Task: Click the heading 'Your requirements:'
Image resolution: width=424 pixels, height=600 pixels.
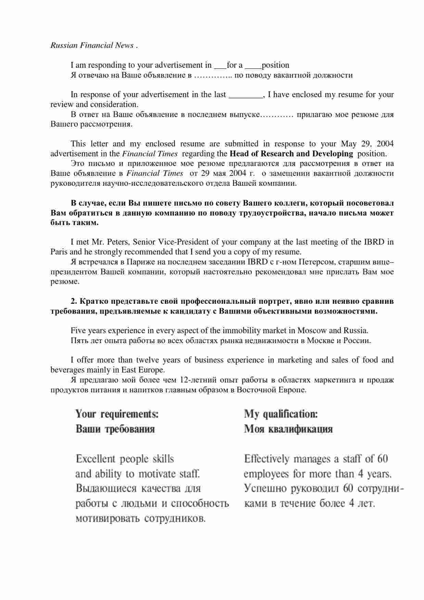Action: [117, 414]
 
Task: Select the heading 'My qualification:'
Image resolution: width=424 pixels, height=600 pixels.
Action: [281, 414]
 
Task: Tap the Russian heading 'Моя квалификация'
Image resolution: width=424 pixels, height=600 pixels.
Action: [288, 429]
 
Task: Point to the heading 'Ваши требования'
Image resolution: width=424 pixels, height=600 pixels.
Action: [115, 429]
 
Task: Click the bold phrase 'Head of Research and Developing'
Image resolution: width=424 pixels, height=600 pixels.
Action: [291, 154]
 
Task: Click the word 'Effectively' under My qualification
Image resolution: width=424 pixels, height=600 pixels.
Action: [267, 459]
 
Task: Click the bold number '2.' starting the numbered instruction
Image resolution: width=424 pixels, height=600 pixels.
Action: [74, 301]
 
